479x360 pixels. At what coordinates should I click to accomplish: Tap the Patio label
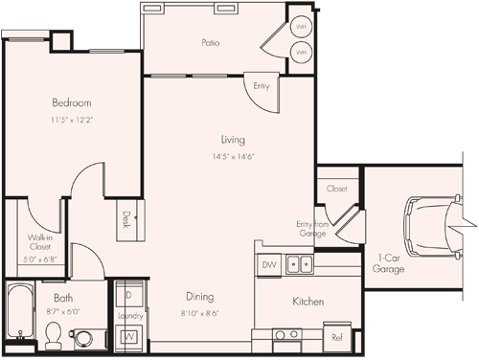pyautogui.click(x=212, y=42)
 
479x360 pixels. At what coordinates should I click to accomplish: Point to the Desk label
pyautogui.click(x=125, y=219)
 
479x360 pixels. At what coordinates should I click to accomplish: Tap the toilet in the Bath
pyautogui.click(x=55, y=334)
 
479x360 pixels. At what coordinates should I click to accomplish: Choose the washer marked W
pyautogui.click(x=128, y=337)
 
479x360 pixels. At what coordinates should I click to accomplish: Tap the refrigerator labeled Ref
pyautogui.click(x=337, y=337)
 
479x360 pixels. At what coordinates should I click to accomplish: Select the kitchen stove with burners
pyautogui.click(x=285, y=335)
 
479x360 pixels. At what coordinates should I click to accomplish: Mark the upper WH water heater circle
pyautogui.click(x=301, y=27)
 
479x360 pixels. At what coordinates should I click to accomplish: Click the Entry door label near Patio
pyautogui.click(x=262, y=86)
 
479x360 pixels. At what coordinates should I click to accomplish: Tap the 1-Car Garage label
pyautogui.click(x=389, y=263)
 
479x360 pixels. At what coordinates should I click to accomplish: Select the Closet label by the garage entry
pyautogui.click(x=335, y=190)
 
